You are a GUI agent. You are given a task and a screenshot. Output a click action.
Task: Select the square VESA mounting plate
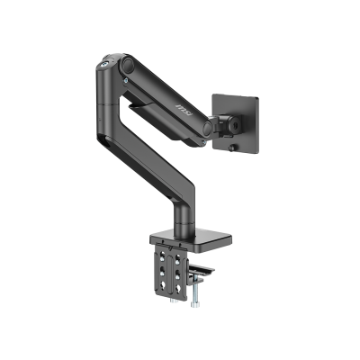247,112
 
